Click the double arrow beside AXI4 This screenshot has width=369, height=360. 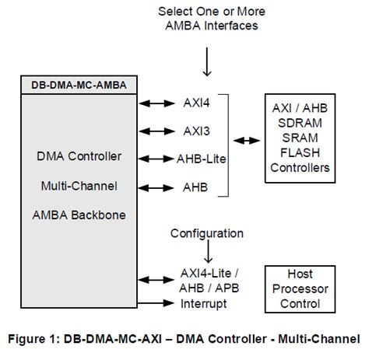153,102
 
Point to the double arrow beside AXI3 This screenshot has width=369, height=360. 153,130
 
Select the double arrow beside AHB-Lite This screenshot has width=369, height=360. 153,158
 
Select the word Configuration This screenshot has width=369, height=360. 206,232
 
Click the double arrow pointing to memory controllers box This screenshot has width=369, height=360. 247,141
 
